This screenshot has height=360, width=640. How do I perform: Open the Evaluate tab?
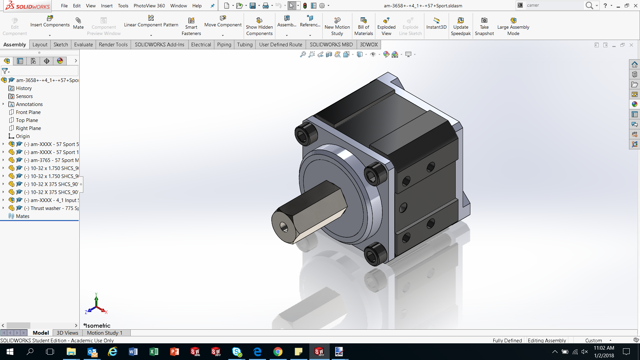pos(83,45)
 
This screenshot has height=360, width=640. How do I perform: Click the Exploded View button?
pos(386,26)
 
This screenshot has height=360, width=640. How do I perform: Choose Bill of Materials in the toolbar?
pos(363,26)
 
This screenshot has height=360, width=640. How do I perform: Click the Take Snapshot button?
pos(484,26)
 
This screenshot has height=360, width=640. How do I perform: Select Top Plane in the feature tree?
pos(27,120)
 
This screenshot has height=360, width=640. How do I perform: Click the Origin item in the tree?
pos(23,136)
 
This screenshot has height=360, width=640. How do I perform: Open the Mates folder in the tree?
pos(22,216)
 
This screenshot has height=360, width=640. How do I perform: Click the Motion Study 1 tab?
pos(105,333)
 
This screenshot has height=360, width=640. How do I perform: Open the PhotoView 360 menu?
pos(149,6)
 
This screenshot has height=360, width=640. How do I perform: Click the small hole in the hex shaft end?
pos(284,227)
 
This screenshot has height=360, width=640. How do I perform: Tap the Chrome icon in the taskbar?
pos(278,352)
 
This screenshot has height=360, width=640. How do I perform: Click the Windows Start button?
pos(10,352)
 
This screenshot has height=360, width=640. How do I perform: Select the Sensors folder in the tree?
pos(24,96)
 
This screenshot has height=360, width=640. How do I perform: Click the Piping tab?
pos(224,45)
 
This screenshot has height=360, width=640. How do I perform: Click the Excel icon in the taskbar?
pos(154,352)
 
